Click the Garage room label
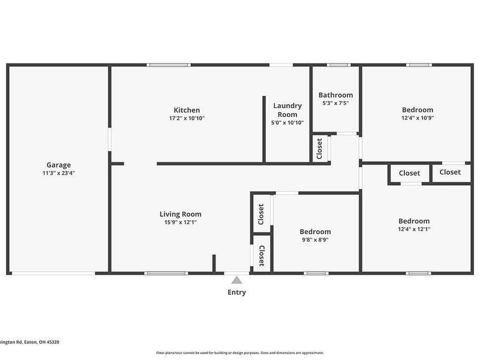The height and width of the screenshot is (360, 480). click(x=59, y=165)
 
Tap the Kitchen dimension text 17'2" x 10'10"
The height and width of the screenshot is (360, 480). click(x=187, y=118)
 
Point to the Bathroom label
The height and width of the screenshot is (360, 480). click(x=335, y=95)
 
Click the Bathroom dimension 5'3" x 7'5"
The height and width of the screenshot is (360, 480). click(x=335, y=103)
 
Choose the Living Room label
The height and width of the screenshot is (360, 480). click(x=180, y=214)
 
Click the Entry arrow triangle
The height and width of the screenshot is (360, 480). click(x=237, y=280)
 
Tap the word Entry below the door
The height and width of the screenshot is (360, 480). click(x=236, y=293)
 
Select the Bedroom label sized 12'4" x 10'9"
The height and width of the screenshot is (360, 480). click(x=417, y=110)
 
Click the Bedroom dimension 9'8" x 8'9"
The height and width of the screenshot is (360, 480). click(x=315, y=240)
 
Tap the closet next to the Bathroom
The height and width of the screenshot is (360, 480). click(x=319, y=149)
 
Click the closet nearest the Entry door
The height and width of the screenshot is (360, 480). click(x=262, y=256)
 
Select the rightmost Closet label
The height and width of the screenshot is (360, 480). click(x=450, y=172)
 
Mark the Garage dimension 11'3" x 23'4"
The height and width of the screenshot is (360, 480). click(x=59, y=173)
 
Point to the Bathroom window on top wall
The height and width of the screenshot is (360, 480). click(x=338, y=65)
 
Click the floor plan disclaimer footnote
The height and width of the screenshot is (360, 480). click(x=240, y=353)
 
